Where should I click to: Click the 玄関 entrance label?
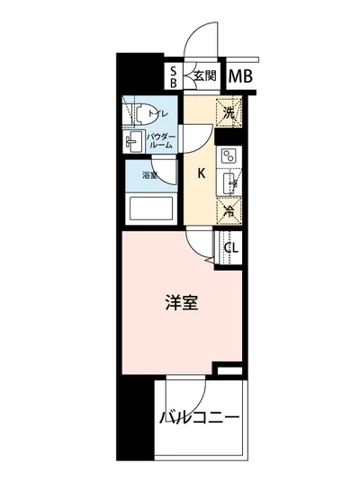[204, 77]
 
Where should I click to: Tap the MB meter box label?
[239, 77]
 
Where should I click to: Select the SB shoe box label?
[175, 77]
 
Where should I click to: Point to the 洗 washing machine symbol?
[230, 113]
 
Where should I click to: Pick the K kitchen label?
[202, 174]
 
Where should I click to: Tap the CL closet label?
[230, 248]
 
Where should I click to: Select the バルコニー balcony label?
[200, 418]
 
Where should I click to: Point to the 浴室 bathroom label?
[149, 176]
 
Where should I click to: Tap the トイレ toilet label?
[158, 114]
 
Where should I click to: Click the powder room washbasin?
[133, 141]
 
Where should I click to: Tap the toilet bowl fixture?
[138, 112]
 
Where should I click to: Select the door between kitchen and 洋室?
[200, 245]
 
